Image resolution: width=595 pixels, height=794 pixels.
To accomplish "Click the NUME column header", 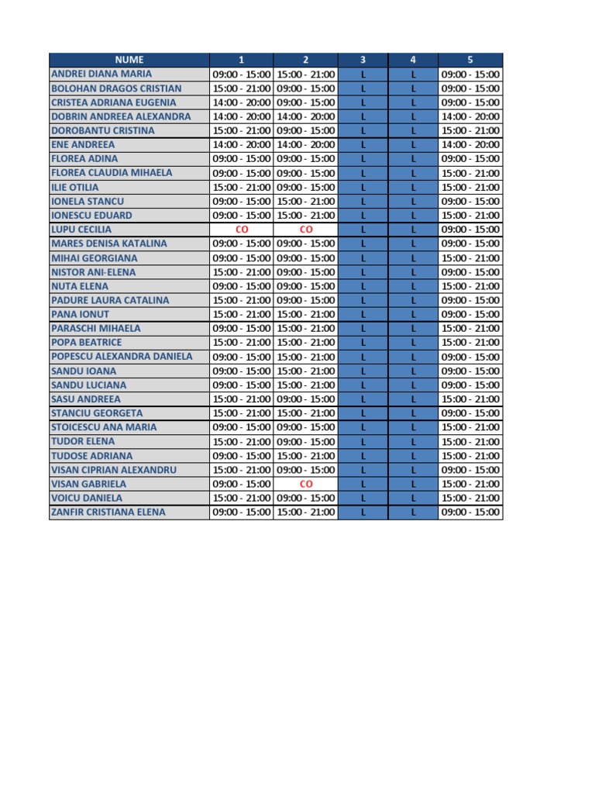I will coord(129,60).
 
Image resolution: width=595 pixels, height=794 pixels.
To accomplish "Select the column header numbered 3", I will coord(363,60).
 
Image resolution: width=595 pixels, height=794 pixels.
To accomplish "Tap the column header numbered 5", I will coord(470,60).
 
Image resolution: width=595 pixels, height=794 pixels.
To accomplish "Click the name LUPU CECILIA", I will coord(81,230).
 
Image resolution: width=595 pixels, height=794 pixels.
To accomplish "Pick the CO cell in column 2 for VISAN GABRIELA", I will coord(305,484).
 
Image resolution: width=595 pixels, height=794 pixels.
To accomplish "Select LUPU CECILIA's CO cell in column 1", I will coord(241,230).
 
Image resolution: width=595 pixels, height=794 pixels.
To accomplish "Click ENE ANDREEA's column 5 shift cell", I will coord(470,144).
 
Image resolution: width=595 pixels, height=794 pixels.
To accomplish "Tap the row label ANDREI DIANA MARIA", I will coord(101,74).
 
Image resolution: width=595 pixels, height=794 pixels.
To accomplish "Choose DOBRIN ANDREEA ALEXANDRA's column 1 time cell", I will coord(241,116).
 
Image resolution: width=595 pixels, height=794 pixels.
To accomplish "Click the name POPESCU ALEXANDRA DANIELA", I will coord(122,357).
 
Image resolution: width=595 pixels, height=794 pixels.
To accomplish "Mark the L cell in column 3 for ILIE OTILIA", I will coord(363,187).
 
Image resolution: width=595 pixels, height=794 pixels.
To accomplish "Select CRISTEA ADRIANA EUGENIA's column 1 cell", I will coord(241,102).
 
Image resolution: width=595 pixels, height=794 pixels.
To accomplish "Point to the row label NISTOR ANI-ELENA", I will coord(93,272).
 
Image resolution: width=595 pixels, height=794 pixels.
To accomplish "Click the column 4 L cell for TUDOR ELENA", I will coord(413,441).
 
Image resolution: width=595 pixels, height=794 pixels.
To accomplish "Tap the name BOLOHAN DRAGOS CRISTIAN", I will coord(115,88).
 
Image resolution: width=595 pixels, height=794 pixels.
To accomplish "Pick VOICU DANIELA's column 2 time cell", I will coord(305,498).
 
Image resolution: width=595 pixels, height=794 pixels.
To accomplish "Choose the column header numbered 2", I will coord(305,60).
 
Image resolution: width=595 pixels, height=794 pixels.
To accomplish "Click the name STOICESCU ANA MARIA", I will coord(104,427).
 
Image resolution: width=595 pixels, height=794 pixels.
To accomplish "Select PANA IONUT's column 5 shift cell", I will coord(470,314).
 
